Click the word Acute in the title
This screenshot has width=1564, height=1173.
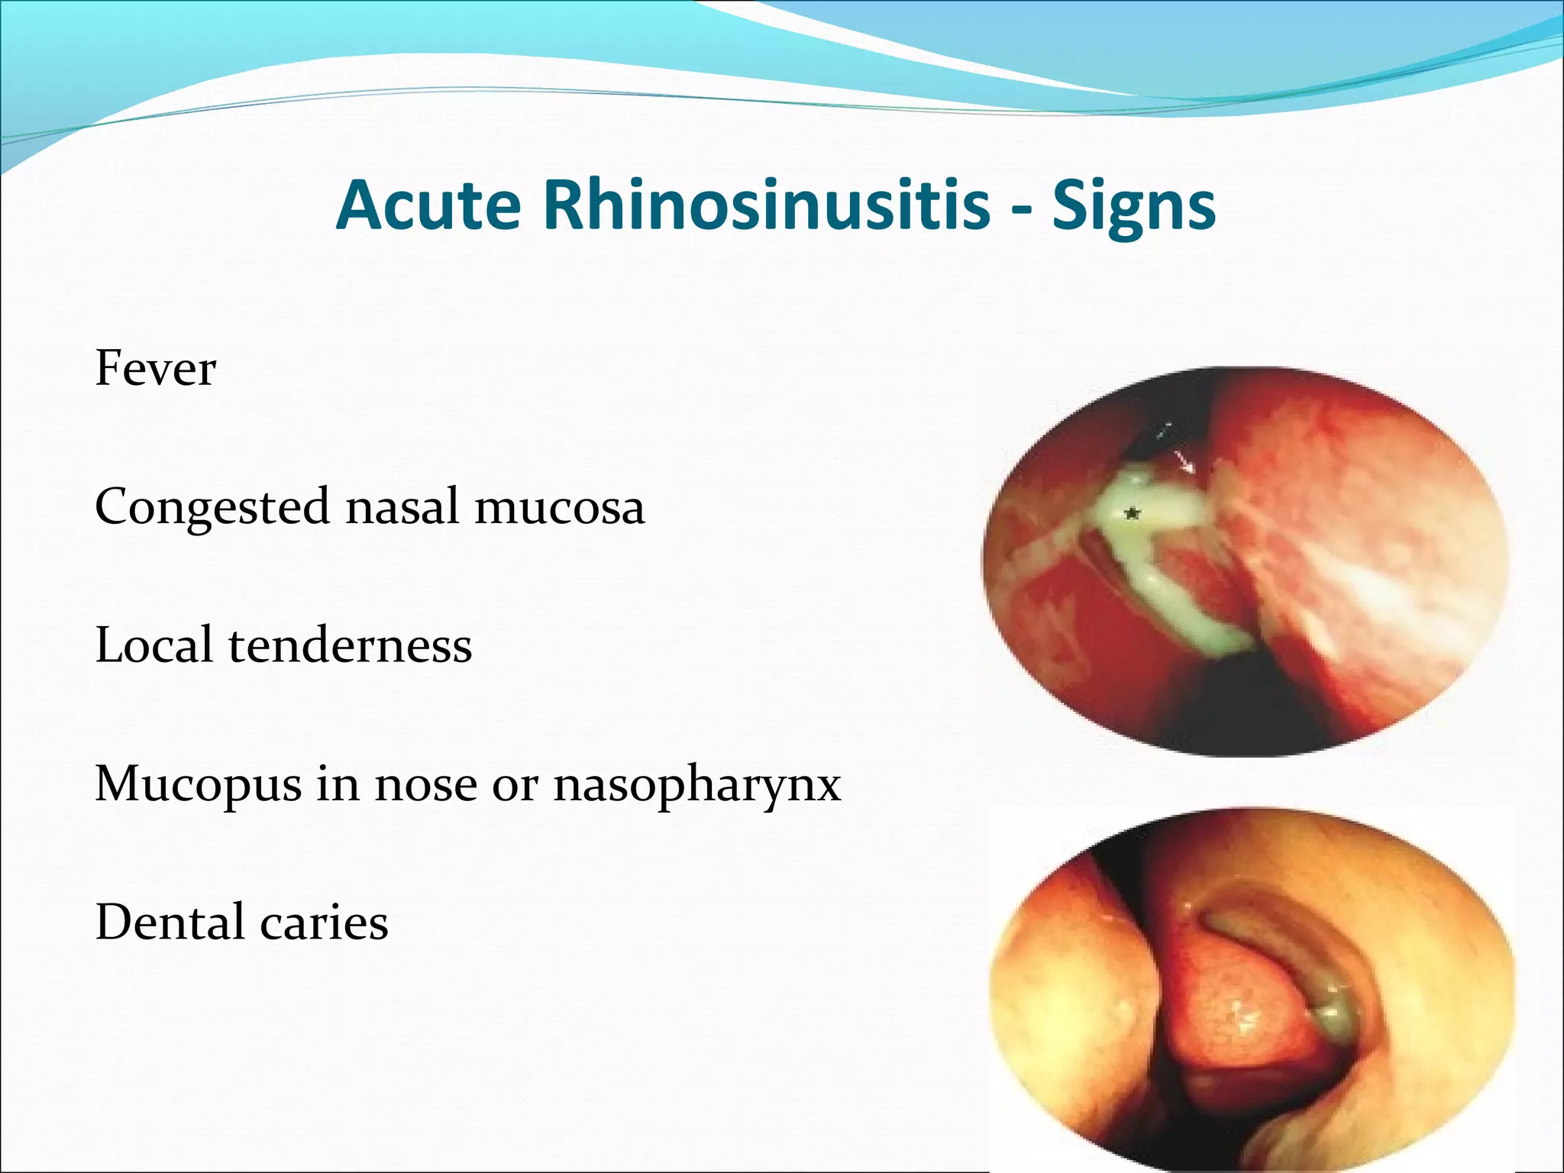tap(428, 205)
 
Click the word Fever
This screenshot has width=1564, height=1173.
tap(156, 369)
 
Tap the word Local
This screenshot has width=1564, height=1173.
tap(153, 645)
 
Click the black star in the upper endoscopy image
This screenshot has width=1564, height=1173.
tap(1133, 514)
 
